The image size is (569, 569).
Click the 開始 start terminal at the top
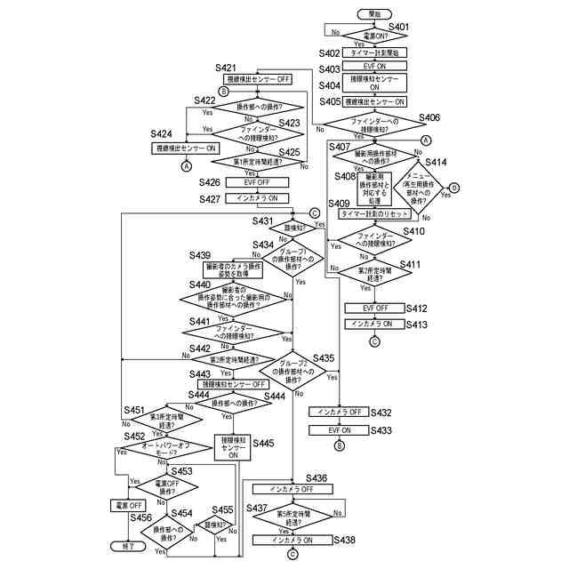[374, 13]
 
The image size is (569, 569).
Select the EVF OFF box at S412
[374, 308]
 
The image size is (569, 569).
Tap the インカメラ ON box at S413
[374, 325]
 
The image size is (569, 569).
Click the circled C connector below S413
[374, 341]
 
